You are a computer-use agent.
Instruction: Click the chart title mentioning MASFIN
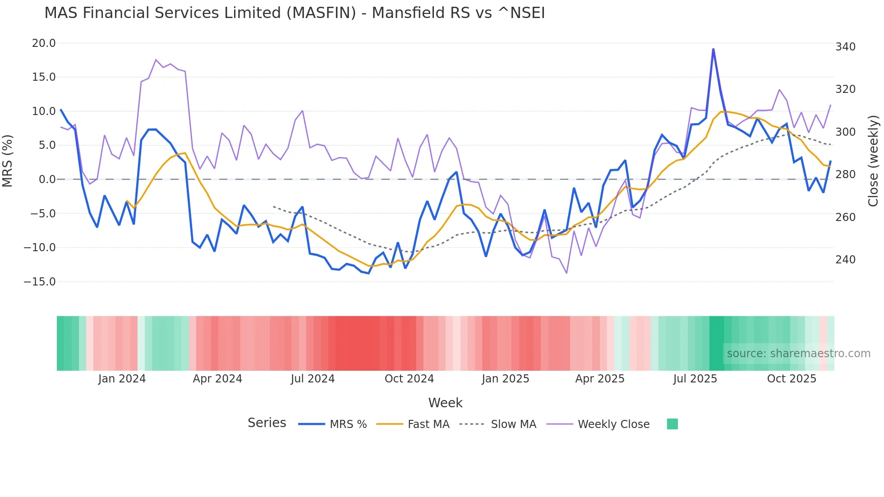295,13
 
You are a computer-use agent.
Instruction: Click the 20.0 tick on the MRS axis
44,43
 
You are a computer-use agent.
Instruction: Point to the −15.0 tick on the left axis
40,282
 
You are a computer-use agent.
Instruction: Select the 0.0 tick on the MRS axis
47,179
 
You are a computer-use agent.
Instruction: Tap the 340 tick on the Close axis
845,47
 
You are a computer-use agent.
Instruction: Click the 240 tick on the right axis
845,260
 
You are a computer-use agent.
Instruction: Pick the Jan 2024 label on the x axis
122,379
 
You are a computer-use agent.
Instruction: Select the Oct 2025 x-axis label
792,379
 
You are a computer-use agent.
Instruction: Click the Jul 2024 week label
313,379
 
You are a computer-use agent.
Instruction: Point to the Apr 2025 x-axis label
600,379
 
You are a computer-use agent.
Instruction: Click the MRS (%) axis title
8,161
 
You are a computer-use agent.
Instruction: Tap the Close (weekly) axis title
874,161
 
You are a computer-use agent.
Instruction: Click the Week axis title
445,403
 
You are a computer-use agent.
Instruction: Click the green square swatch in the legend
672,424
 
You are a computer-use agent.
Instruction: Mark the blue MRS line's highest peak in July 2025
713,49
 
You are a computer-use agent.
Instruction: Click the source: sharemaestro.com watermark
798,354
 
